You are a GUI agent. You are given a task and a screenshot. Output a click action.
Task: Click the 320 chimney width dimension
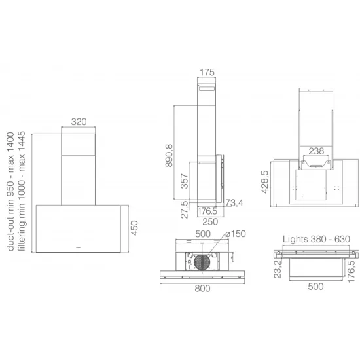79,122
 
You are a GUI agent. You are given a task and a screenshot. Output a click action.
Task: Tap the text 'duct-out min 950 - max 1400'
10,190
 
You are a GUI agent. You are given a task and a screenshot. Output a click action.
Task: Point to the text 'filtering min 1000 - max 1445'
22,190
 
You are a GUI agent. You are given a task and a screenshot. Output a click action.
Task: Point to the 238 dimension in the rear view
315,150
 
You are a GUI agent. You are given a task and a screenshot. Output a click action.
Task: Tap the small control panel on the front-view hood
79,247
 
